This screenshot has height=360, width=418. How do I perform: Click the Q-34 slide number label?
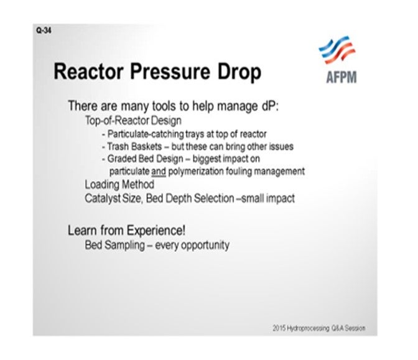click(x=44, y=30)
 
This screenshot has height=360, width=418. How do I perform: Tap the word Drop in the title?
click(x=239, y=72)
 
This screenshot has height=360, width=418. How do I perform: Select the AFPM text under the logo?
click(x=341, y=77)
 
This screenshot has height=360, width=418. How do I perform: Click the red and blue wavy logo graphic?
click(x=338, y=50)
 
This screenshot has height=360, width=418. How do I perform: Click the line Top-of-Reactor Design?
click(x=133, y=121)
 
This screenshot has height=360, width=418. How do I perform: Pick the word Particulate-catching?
click(x=146, y=134)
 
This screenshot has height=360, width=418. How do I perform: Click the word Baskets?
click(x=147, y=146)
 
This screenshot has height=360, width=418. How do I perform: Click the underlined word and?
click(x=159, y=172)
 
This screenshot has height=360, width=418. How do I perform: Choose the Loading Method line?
click(x=119, y=185)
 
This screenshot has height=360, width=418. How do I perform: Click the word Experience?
click(x=156, y=231)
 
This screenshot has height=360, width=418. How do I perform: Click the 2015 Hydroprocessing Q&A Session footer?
click(x=319, y=328)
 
